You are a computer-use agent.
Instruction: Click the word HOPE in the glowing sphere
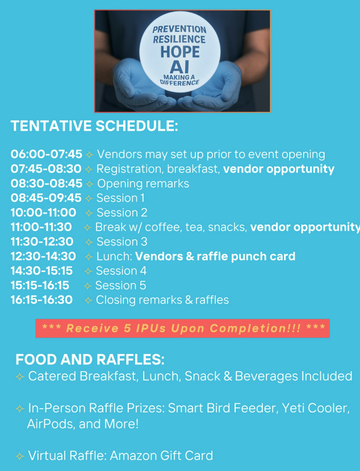pyautogui.click(x=180, y=52)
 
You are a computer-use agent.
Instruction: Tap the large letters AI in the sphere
pyautogui.click(x=179, y=66)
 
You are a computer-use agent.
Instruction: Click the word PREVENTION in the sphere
pyautogui.click(x=179, y=30)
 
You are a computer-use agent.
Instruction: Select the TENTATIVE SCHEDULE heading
pyautogui.click(x=94, y=126)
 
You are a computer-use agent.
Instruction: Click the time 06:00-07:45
pyautogui.click(x=46, y=154)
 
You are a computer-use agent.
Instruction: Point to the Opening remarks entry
pyautogui.click(x=143, y=184)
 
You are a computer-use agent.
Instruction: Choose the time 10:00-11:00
pyautogui.click(x=43, y=212)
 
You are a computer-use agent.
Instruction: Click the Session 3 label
pyautogui.click(x=122, y=241)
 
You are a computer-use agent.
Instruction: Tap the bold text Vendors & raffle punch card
pyautogui.click(x=215, y=256)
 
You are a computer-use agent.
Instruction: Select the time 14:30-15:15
pyautogui.click(x=41, y=270)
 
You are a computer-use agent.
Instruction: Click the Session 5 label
pyautogui.click(x=121, y=285)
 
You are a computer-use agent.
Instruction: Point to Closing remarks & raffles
pyautogui.click(x=162, y=300)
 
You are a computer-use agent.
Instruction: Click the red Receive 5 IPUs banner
pyautogui.click(x=182, y=328)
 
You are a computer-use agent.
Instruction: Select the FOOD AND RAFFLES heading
pyautogui.click(x=90, y=360)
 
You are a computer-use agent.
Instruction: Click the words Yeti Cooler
pyautogui.click(x=316, y=409)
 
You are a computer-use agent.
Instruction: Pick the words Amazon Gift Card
pyautogui.click(x=161, y=456)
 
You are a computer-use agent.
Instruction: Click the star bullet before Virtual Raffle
pyautogui.click(x=20, y=456)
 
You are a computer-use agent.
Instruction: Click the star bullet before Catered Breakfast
pyautogui.click(x=20, y=377)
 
